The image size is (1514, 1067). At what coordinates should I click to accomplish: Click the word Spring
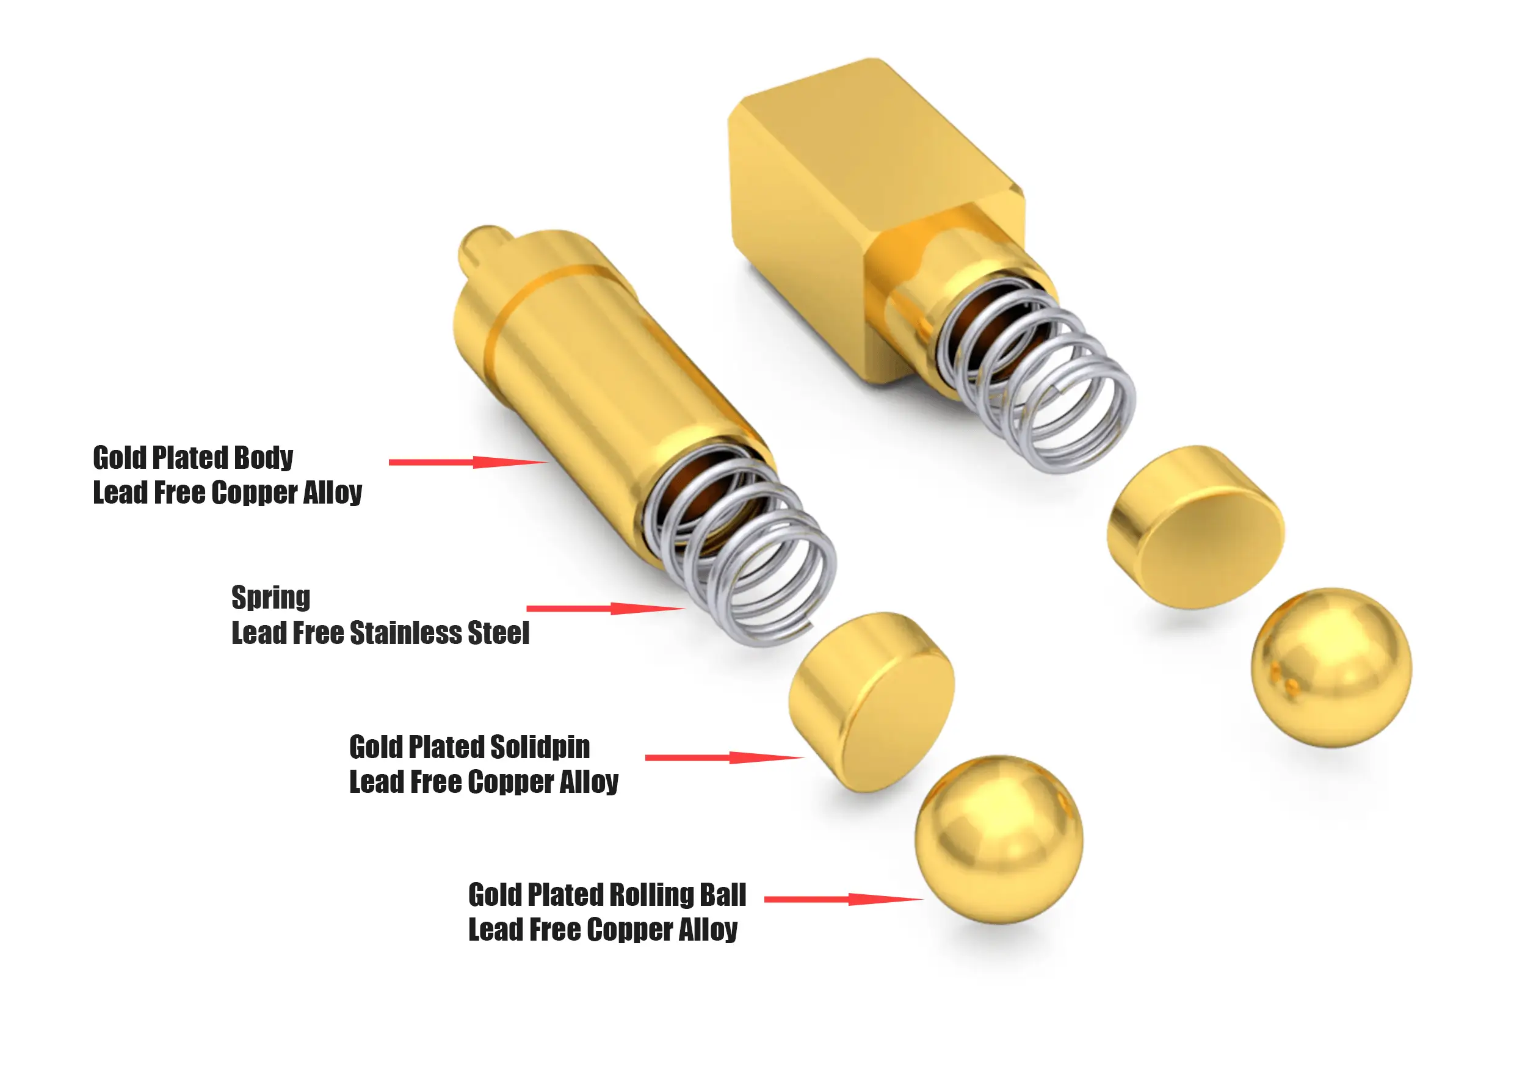pyautogui.click(x=270, y=598)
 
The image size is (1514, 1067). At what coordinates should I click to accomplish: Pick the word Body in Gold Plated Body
pyautogui.click(x=263, y=458)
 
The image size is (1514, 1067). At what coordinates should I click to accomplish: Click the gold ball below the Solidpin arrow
pyautogui.click(x=998, y=838)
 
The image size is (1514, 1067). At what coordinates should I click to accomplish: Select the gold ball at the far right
pyautogui.click(x=1331, y=667)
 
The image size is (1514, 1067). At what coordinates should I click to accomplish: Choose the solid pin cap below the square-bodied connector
pyautogui.click(x=1195, y=526)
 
